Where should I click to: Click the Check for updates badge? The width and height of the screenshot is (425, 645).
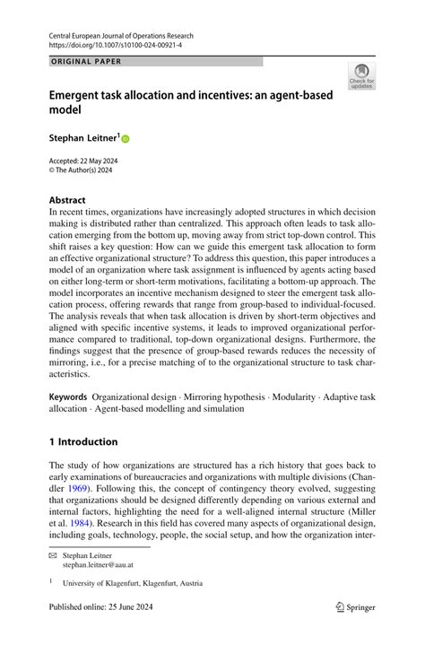coord(362,76)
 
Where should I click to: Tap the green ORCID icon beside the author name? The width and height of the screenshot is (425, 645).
coord(126,139)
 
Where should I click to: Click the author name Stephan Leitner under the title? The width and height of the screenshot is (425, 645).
coord(83,138)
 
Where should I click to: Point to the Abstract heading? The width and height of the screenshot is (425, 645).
coord(67,200)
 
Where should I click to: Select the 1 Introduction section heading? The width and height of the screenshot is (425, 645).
coord(83,441)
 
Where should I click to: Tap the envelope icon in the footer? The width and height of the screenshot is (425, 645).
coord(54,556)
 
